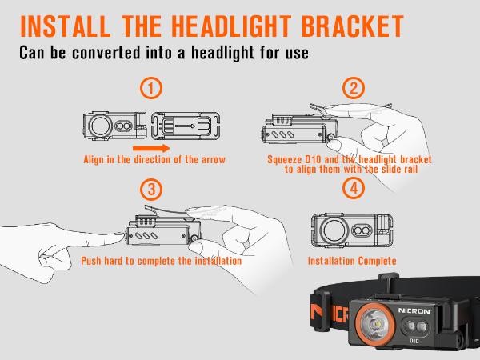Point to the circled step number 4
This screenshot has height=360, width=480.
pyautogui.click(x=352, y=190)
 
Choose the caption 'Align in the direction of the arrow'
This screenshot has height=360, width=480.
pyautogui.click(x=154, y=159)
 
